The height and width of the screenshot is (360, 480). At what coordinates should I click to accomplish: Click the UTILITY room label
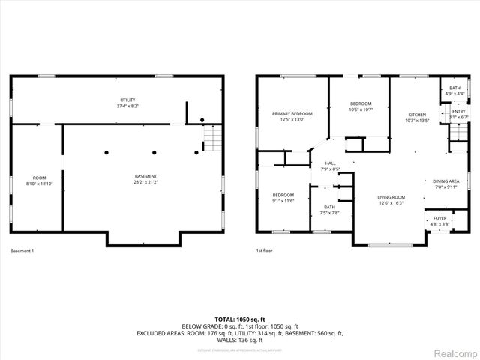click(127, 99)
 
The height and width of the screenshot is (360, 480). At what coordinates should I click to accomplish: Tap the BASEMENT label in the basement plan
click(145, 176)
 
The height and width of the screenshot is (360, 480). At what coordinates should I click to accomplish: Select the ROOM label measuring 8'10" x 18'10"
click(40, 178)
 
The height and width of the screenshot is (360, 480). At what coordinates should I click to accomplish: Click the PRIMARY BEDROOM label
click(292, 113)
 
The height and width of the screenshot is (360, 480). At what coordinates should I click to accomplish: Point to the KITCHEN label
click(416, 115)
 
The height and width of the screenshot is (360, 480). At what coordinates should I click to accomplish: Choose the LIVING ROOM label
click(391, 197)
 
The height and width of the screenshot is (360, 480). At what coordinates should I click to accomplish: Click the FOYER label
click(439, 218)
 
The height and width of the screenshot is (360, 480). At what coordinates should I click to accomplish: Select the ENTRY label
click(457, 112)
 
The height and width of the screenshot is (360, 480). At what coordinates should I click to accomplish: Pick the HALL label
click(330, 163)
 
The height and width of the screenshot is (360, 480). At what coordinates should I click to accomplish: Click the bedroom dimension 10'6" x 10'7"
click(361, 109)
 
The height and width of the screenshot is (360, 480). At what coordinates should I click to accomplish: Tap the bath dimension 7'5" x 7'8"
click(330, 213)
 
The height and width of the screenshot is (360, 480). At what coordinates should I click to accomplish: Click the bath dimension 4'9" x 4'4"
click(454, 93)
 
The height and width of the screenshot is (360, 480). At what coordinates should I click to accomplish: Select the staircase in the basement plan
click(213, 139)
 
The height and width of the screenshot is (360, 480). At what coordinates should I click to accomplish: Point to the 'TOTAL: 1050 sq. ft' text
click(240, 319)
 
